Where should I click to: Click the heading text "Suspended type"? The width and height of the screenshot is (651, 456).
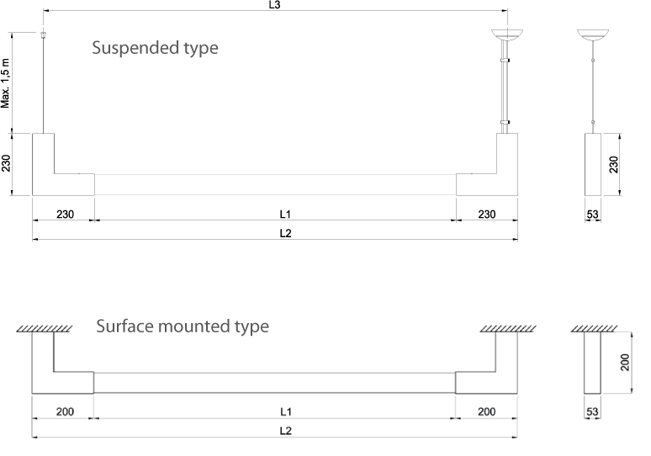click(155, 48)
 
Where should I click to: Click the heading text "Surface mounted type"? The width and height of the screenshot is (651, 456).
click(183, 326)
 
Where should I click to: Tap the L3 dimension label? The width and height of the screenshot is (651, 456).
click(274, 4)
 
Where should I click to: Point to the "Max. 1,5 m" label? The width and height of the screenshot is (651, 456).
click(6, 83)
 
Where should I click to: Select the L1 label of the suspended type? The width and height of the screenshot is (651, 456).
click(286, 214)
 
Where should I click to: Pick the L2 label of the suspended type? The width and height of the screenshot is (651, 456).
click(286, 233)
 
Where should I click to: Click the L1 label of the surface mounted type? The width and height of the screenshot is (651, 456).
click(286, 412)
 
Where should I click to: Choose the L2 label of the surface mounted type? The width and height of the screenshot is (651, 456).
click(286, 431)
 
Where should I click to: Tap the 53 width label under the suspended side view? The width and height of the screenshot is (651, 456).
click(592, 215)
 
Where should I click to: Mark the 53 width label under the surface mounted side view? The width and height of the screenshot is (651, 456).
click(592, 413)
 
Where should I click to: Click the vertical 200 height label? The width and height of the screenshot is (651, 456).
click(624, 363)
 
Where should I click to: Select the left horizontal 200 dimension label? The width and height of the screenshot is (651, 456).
click(64, 412)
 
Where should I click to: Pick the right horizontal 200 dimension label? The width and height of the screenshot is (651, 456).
click(486, 412)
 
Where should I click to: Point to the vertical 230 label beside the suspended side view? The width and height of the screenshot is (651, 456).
click(624, 165)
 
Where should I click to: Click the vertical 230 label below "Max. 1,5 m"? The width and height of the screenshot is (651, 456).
click(6, 162)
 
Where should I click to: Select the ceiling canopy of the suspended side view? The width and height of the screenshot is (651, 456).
click(593, 35)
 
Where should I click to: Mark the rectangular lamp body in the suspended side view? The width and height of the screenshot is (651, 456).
click(593, 164)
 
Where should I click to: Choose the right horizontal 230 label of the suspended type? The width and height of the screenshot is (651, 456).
click(486, 214)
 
